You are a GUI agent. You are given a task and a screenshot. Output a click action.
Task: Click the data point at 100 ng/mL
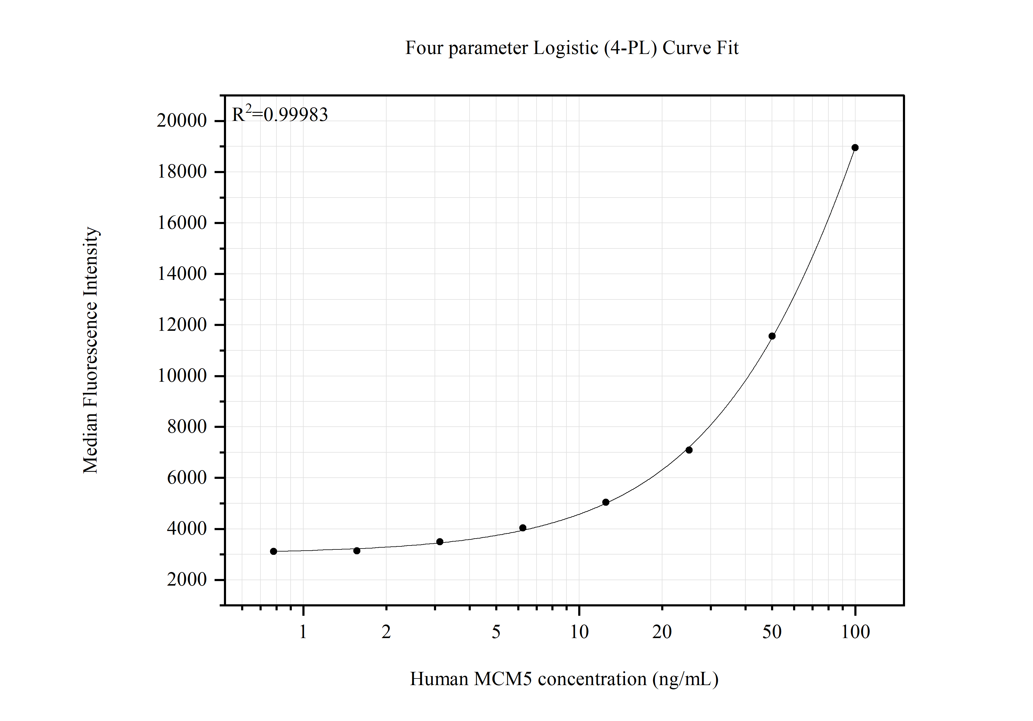coord(855,148)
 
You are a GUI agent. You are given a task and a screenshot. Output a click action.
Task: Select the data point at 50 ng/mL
coord(772,336)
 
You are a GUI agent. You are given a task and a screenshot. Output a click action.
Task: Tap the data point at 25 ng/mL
coord(689,450)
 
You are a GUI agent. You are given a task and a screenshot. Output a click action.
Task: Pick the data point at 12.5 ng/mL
coord(606,502)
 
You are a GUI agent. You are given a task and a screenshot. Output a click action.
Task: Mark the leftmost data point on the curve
coord(273,552)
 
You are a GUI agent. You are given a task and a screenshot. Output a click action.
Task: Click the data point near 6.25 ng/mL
coord(523,528)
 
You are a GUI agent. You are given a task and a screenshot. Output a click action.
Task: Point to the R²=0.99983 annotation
coord(280,115)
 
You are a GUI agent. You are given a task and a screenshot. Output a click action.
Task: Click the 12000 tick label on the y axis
coord(182,324)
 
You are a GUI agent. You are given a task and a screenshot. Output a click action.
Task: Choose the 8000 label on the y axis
coord(187,427)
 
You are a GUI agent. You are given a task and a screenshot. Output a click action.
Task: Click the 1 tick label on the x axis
coord(303,632)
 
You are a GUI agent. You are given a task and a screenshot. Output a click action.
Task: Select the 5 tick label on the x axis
coord(496,632)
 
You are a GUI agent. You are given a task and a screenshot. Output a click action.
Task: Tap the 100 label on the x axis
coord(855,632)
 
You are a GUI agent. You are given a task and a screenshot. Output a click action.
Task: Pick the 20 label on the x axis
coord(662,632)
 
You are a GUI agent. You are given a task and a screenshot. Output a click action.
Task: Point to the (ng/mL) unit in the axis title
coord(685,679)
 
